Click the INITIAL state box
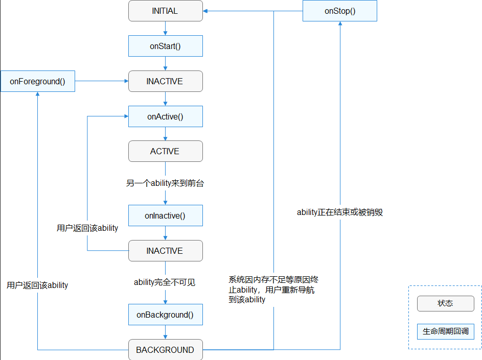click(165, 11)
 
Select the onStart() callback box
click(165, 46)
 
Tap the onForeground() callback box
click(38, 81)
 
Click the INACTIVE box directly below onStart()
click(165, 81)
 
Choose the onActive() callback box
click(165, 116)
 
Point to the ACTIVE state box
click(165, 151)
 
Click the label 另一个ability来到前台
click(165, 183)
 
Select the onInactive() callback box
click(165, 215)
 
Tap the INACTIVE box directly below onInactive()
click(165, 251)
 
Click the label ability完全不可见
click(165, 282)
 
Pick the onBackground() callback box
click(165, 315)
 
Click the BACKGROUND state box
click(165, 350)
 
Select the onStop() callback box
click(340, 11)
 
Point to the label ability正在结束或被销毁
click(340, 212)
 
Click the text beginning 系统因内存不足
click(273, 290)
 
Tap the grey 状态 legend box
click(445, 303)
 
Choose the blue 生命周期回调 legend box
click(445, 331)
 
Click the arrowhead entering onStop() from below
click(340, 25)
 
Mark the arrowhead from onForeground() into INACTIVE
click(125, 81)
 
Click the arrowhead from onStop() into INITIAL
click(206, 11)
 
